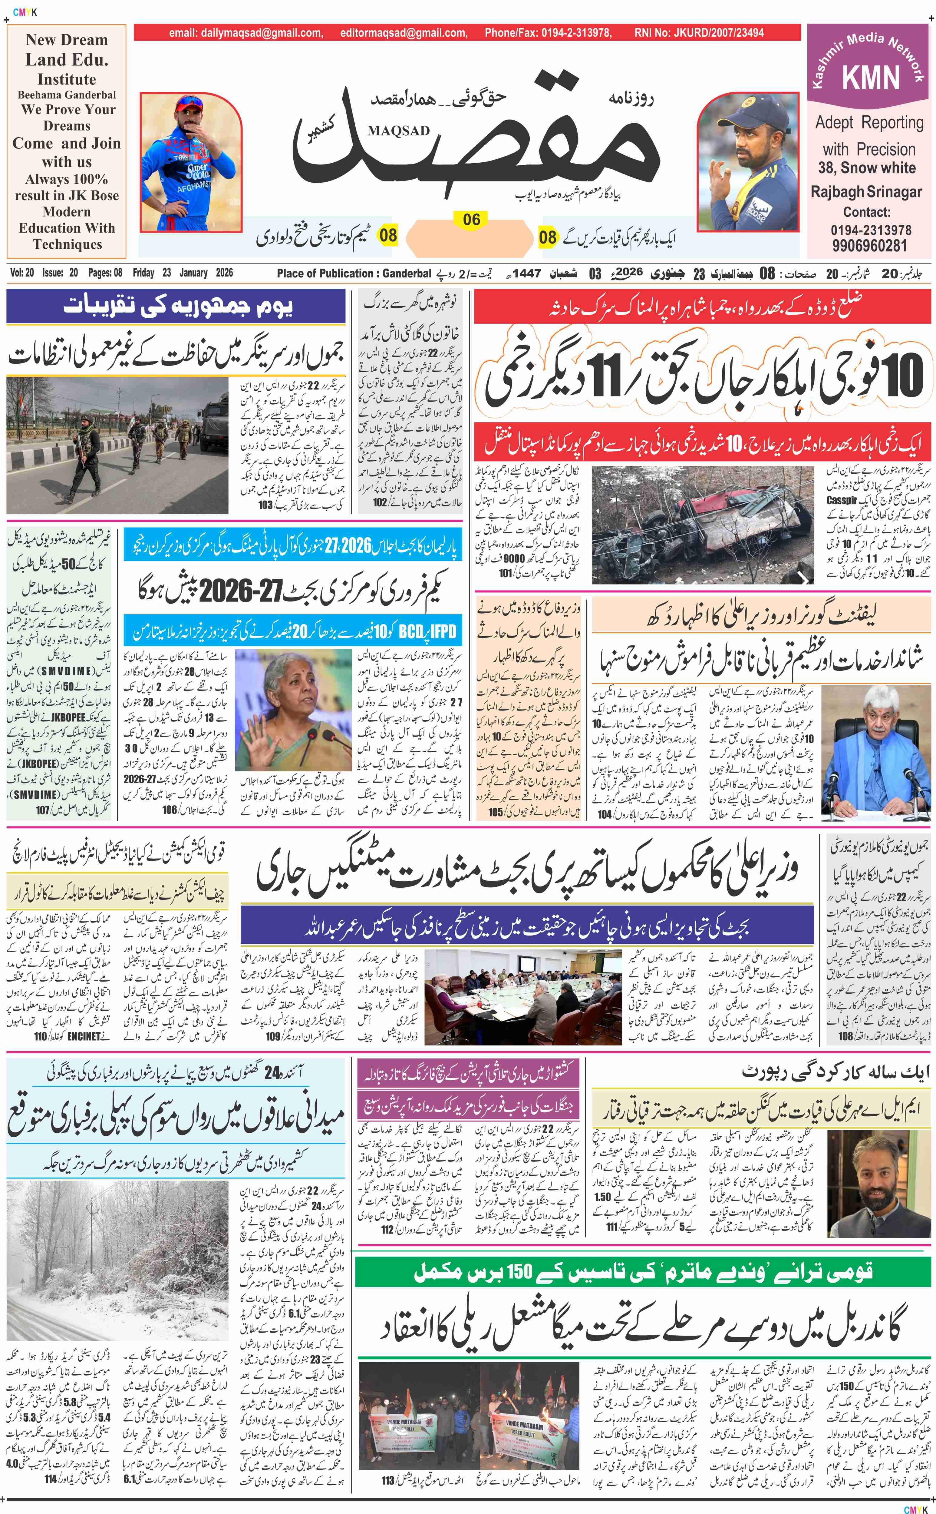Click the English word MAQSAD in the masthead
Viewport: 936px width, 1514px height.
(x=398, y=131)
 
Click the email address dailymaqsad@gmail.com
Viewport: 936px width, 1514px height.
(x=246, y=33)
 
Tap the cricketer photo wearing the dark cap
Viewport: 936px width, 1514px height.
(x=747, y=162)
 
